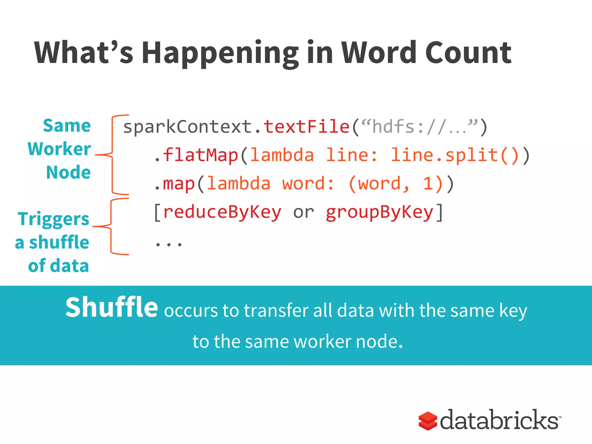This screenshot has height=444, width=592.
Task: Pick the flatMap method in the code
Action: click(201, 155)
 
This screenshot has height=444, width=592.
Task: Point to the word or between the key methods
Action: click(304, 212)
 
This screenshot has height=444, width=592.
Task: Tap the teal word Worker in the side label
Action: click(59, 149)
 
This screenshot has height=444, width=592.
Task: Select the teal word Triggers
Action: click(53, 219)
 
